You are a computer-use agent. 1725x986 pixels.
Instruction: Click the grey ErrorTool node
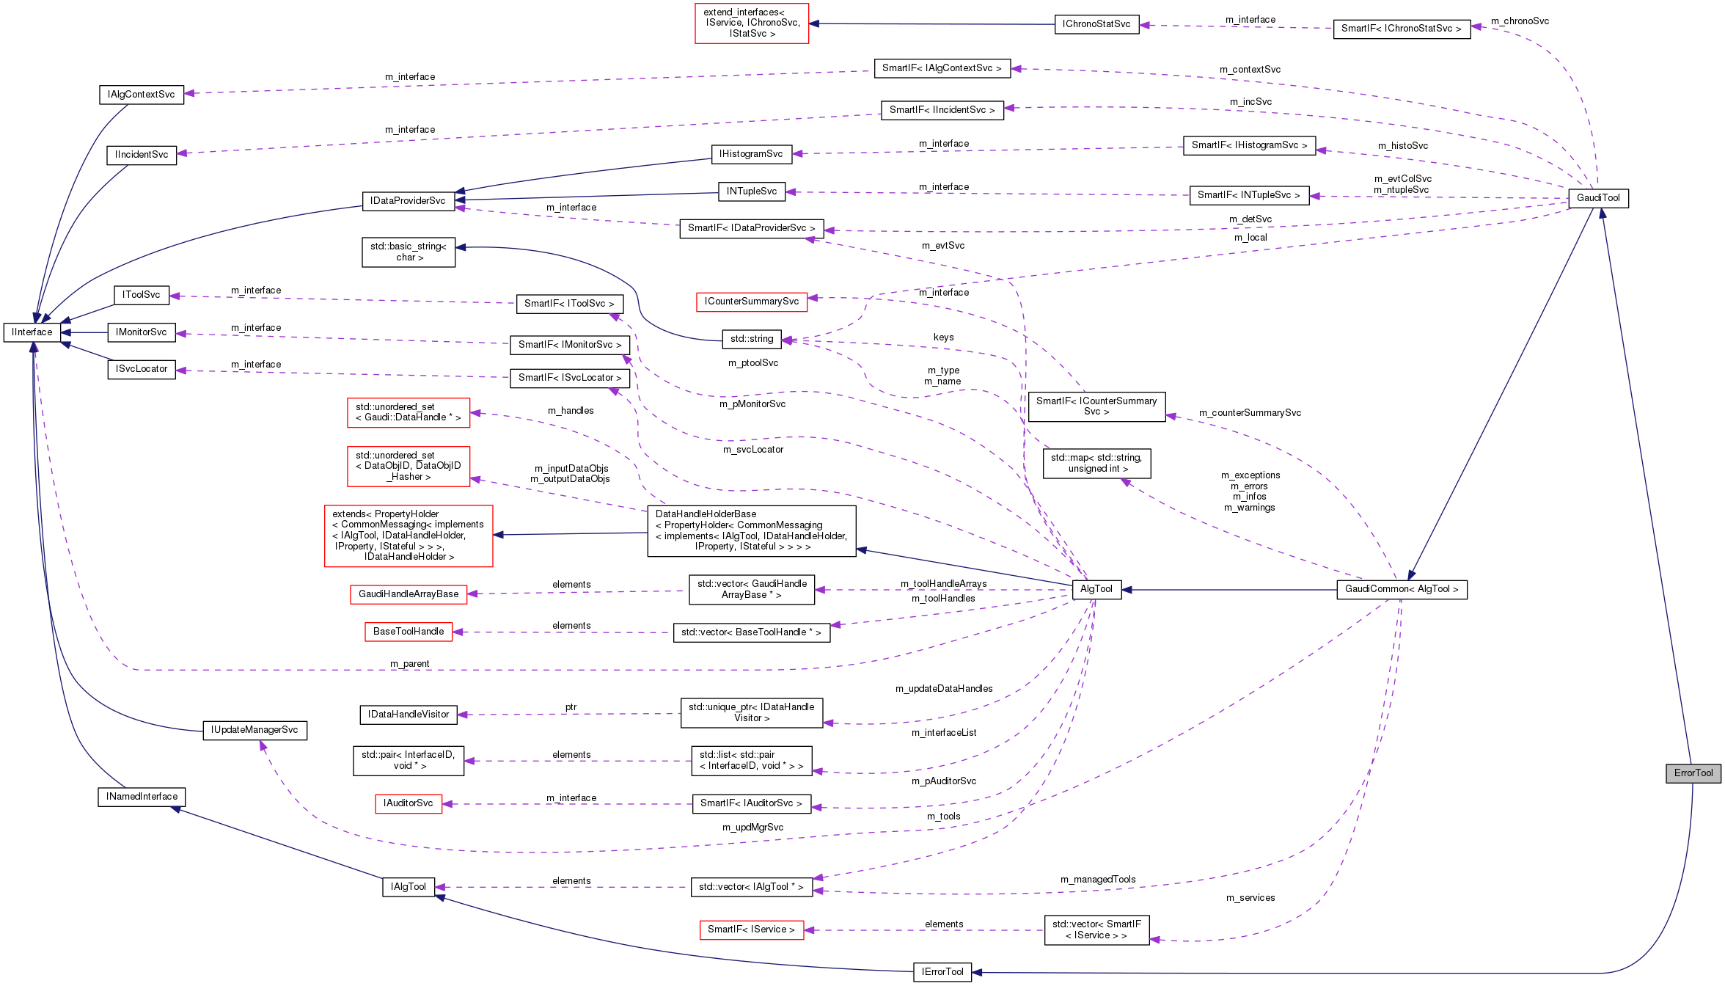pos(1693,773)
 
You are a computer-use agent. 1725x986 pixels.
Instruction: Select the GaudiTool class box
pos(1598,198)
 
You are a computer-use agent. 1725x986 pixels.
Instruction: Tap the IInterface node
pos(32,332)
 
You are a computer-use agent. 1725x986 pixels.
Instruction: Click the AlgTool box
pos(1096,589)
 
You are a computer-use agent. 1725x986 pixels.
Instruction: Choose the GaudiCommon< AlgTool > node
pos(1402,589)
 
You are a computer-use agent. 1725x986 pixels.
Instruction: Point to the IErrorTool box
pos(942,972)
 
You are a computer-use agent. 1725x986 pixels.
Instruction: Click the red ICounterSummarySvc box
pos(751,302)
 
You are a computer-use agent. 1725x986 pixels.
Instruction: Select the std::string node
pos(752,339)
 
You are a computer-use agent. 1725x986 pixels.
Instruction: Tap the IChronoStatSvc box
pos(1096,24)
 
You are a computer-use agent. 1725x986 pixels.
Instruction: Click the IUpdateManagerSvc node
pos(254,730)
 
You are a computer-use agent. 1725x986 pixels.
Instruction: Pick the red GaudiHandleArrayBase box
pos(409,594)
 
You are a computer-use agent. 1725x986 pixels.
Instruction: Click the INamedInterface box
pos(142,797)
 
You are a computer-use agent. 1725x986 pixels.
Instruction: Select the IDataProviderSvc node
pos(408,201)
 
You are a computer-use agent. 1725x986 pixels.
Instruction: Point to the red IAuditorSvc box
pos(408,803)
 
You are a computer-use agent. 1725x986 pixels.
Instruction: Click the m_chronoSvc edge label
pos(1520,21)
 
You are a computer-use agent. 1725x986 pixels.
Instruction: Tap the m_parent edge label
pos(410,664)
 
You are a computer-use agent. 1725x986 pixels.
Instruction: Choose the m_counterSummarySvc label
pos(1250,413)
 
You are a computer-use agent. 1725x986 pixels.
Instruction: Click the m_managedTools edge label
pos(1098,880)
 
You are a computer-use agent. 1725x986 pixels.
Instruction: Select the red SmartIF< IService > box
pos(751,930)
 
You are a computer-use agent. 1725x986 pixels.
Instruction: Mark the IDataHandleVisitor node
pos(409,715)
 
